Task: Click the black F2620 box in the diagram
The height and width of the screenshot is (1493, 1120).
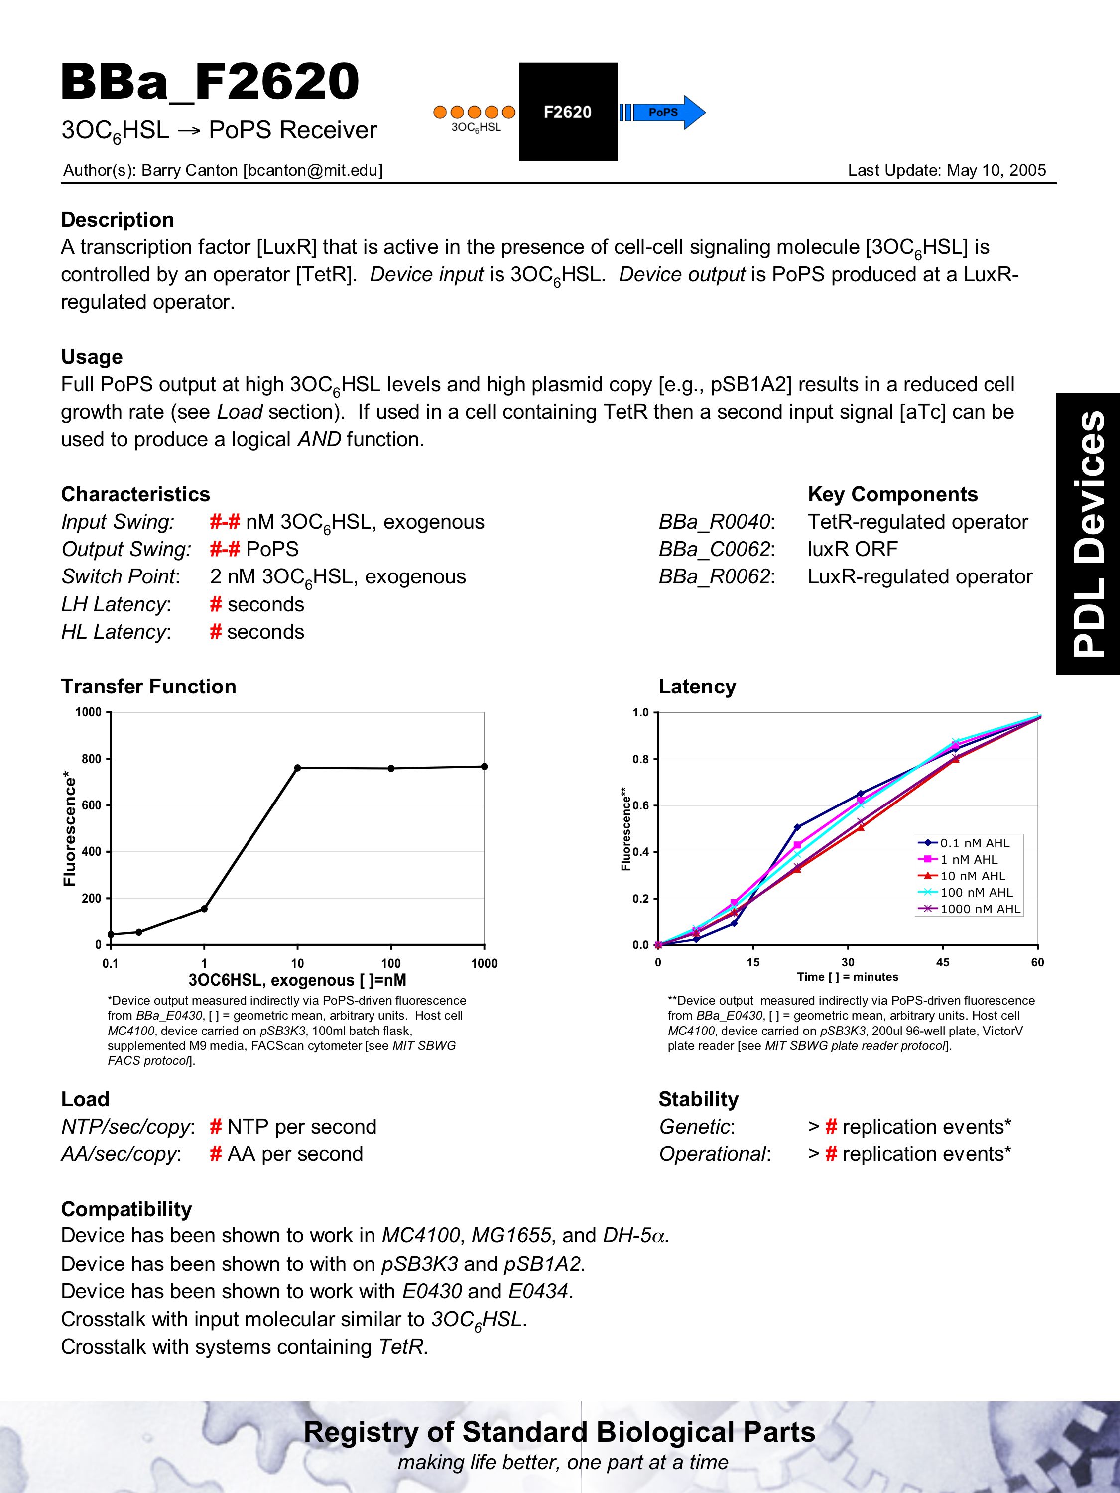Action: (x=568, y=112)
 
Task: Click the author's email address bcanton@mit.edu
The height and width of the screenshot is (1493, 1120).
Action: (x=313, y=171)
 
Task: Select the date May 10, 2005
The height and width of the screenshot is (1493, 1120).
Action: (x=996, y=171)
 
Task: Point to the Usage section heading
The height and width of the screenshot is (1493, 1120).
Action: (x=92, y=357)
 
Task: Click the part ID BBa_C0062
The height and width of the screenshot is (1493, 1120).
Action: (x=716, y=550)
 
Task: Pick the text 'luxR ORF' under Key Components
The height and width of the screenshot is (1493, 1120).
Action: (x=853, y=550)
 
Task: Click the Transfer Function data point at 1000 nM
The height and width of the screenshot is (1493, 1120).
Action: (x=484, y=766)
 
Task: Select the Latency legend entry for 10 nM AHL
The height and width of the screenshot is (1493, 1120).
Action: (x=972, y=876)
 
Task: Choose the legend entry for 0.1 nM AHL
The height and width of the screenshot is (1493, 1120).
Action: (x=974, y=843)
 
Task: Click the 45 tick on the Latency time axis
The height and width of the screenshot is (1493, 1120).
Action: (x=942, y=962)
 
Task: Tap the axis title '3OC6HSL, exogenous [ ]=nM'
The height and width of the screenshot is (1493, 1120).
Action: (x=297, y=980)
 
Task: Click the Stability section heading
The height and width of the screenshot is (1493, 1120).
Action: (x=698, y=1100)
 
